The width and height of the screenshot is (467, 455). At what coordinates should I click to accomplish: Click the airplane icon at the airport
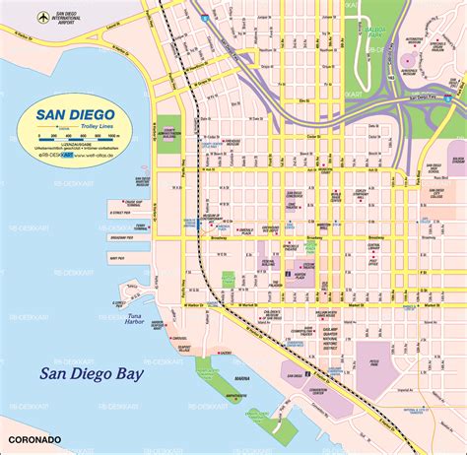coord(42,17)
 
